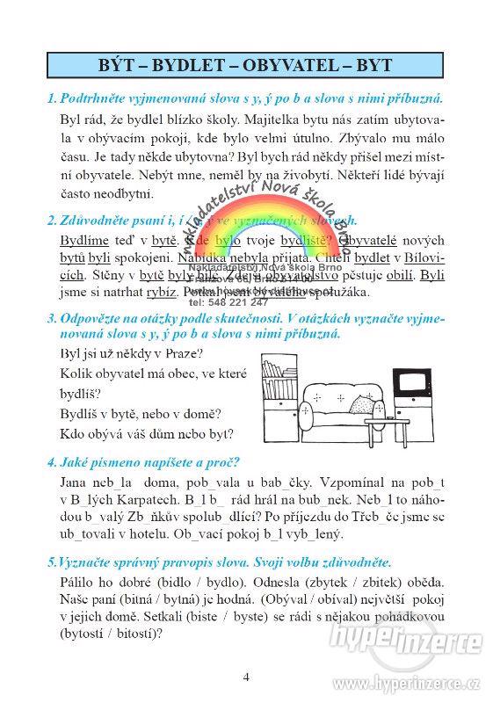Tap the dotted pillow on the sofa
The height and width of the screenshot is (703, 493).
click(x=361, y=404)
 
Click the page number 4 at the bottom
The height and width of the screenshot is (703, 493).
click(x=246, y=677)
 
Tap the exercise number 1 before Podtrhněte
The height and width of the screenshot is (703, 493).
click(x=52, y=99)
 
